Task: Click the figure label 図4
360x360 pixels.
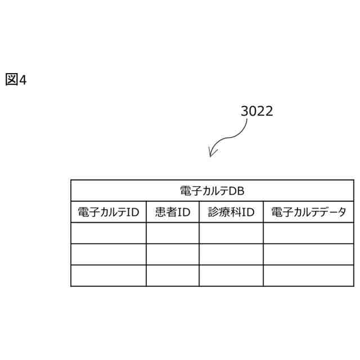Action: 16,80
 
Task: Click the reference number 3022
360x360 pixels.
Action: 256,111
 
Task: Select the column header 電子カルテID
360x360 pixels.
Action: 108,212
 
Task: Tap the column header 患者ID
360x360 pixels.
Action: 172,212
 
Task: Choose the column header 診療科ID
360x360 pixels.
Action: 231,212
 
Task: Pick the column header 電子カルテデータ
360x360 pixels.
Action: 308,212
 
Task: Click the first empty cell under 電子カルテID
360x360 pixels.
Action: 108,233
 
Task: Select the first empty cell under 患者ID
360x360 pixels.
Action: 172,233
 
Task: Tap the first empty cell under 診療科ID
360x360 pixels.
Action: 231,233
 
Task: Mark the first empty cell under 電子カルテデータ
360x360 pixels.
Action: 308,233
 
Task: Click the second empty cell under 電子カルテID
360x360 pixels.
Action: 108,254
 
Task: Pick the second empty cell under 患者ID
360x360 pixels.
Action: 172,254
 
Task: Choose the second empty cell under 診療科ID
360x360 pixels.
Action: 231,254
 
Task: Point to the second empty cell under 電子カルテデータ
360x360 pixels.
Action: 308,254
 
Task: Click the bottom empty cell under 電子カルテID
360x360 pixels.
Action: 108,276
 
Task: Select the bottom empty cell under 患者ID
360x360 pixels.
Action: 172,276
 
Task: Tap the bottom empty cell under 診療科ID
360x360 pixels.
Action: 231,276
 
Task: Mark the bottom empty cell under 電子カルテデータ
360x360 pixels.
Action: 308,276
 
